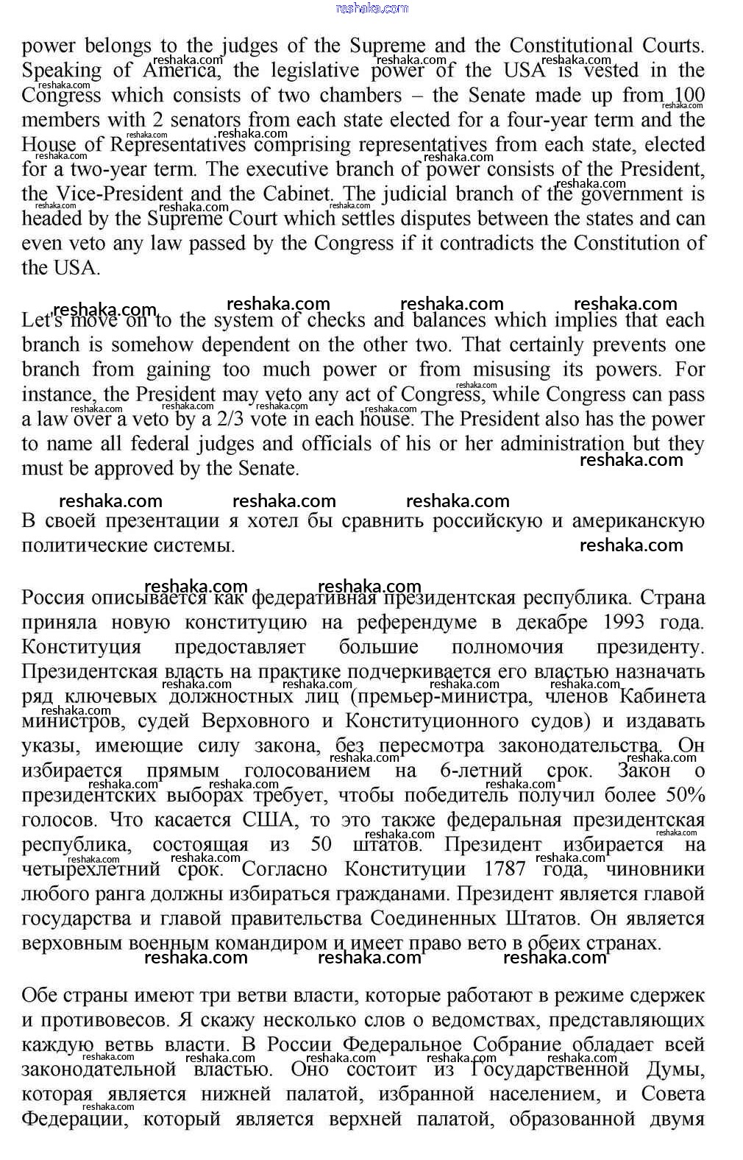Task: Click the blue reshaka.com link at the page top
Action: coord(371,8)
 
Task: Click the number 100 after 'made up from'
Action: coord(689,96)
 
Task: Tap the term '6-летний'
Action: coord(481,771)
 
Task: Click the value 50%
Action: coord(686,796)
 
